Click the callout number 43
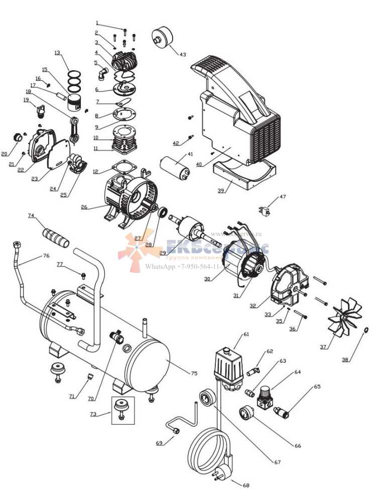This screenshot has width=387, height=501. pos(182,54)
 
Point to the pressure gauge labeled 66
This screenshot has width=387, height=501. pos(247,414)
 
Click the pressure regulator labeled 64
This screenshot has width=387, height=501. pos(264,397)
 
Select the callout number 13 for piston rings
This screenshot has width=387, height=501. pos(57,53)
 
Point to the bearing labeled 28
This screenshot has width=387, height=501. pos(164,213)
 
